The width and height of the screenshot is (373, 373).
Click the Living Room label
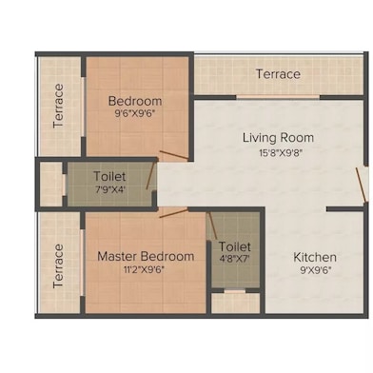coord(277,138)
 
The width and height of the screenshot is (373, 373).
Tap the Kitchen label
coord(314,257)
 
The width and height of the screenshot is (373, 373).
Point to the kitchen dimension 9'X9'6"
coord(314,270)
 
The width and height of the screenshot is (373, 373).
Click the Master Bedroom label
coord(146,256)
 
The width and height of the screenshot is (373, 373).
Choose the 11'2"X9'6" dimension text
coord(146,269)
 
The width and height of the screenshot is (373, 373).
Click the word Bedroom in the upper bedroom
coord(134,101)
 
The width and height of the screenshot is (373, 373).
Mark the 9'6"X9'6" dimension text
coord(134,114)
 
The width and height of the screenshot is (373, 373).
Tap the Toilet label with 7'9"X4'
coord(110,176)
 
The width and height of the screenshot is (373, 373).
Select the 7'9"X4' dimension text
coord(110,189)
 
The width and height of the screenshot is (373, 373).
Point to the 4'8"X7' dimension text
coord(233,258)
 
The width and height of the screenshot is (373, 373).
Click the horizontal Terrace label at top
coord(278,74)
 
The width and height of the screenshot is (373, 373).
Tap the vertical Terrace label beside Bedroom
coord(59,106)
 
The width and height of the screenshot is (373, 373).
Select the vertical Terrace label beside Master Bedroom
coord(59,265)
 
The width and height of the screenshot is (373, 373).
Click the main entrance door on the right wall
coord(362,184)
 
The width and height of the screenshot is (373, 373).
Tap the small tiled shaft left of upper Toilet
coord(49,184)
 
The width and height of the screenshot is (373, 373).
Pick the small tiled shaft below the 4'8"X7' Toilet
coord(234,304)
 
